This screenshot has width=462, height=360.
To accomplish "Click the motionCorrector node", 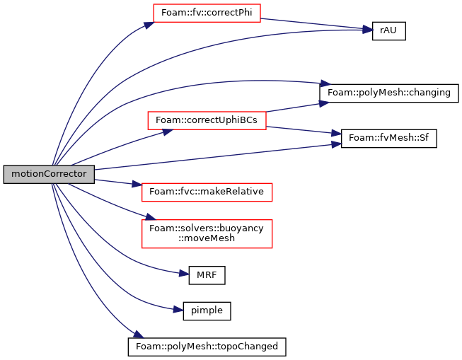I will pyautogui.click(x=49, y=174).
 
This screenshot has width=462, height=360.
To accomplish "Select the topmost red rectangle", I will pyautogui.click(x=207, y=13).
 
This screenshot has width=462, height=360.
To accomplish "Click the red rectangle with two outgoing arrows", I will pyautogui.click(x=207, y=120).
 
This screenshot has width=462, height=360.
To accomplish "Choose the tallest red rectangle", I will pyautogui.click(x=207, y=234).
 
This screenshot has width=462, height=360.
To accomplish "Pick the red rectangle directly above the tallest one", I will pyautogui.click(x=207, y=192).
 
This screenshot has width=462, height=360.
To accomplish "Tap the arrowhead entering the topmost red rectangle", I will pyautogui.click(x=149, y=25).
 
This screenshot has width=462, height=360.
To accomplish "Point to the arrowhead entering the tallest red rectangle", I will pyautogui.click(x=151, y=217).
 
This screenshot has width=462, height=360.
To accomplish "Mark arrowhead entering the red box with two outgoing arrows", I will pyautogui.click(x=168, y=132).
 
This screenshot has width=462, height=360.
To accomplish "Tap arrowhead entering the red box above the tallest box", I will pyautogui.click(x=137, y=184).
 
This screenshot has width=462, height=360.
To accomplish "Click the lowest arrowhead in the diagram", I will pyautogui.click(x=138, y=334).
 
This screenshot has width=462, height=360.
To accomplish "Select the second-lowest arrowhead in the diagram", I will pyautogui.click(x=178, y=309).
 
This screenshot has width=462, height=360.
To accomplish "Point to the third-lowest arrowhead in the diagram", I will pyautogui.click(x=184, y=273).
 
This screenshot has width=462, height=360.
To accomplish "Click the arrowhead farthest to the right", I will pyautogui.click(x=368, y=30).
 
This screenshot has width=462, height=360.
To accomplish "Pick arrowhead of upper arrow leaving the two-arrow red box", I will pyautogui.click(x=324, y=103).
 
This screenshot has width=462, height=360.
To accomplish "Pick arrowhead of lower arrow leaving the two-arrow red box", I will pyautogui.click(x=336, y=133).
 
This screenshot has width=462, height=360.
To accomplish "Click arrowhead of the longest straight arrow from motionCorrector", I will pyautogui.click(x=337, y=144).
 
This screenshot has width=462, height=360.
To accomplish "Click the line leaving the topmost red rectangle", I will pyautogui.click(x=311, y=24).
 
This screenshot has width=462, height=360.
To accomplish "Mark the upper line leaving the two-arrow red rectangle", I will pyautogui.click(x=294, y=108).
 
